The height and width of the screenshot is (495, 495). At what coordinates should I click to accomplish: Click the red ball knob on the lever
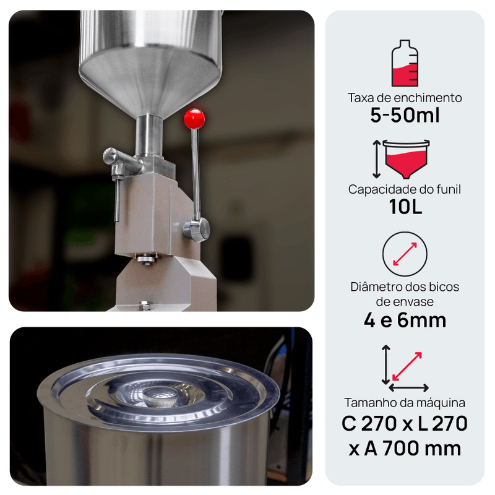tap(194, 119)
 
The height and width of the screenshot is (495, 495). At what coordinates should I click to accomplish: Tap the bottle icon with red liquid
tap(405, 63)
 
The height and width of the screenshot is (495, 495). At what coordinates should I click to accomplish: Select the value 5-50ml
tap(405, 115)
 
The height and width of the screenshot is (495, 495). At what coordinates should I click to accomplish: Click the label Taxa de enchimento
tap(405, 98)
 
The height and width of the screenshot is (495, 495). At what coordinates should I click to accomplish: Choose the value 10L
tap(406, 207)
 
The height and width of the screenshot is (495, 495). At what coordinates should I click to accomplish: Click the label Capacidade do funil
tap(405, 189)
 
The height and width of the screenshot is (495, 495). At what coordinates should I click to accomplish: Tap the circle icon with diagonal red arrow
tap(405, 254)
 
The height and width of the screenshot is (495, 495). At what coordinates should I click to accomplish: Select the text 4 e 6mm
tap(405, 321)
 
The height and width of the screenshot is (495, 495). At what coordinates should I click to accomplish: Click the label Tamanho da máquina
tap(405, 403)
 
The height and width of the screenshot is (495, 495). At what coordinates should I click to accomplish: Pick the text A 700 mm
tap(413, 449)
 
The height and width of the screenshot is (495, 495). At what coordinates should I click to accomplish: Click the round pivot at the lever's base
tap(197, 230)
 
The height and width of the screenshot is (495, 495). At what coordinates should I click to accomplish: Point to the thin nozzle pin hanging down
tap(118, 199)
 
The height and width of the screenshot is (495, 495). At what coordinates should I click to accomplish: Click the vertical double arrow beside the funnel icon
tap(376, 159)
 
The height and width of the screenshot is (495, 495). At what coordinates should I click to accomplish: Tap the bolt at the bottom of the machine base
tap(144, 305)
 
